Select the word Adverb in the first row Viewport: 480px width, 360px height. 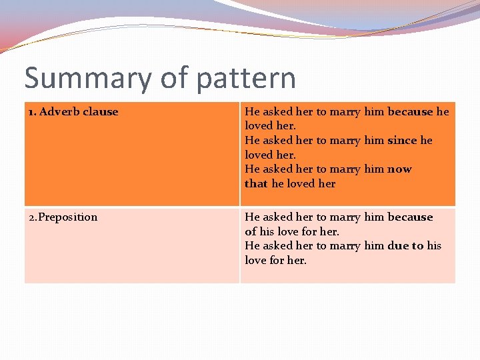[x=61, y=112]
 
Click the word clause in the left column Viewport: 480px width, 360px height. [x=101, y=112]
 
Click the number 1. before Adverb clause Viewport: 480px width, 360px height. [x=32, y=112]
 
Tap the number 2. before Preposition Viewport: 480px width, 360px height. [x=32, y=217]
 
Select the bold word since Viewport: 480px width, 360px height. [x=402, y=141]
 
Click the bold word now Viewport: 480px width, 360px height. [x=400, y=169]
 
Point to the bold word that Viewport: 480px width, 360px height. [x=256, y=184]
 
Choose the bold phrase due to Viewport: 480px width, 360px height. [x=405, y=246]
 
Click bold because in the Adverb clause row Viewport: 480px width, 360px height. [x=410, y=112]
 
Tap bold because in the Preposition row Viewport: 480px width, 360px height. [x=410, y=217]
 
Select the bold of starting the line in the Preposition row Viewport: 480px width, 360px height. [x=251, y=232]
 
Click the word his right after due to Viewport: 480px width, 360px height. [x=434, y=246]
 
